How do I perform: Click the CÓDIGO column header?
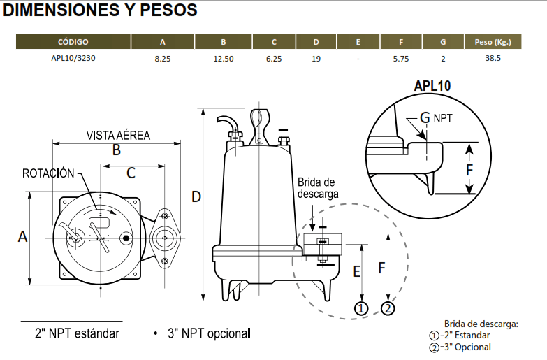73,42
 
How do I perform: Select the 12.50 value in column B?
224,59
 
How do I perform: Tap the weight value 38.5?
493,58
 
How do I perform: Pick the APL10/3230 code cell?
73,58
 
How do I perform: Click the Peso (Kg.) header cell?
493,42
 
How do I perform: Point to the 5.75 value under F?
401,59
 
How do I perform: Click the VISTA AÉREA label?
118,135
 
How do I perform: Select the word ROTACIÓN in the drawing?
48,173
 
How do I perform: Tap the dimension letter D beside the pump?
196,197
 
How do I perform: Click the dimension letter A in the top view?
22,237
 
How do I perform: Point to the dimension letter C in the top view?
131,173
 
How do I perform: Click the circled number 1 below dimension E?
361,309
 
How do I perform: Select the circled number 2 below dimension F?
388,308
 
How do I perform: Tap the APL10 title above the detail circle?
432,86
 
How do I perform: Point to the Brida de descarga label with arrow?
318,188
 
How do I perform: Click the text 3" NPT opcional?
209,333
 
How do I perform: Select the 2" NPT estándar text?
77,333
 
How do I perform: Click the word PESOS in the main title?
168,10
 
